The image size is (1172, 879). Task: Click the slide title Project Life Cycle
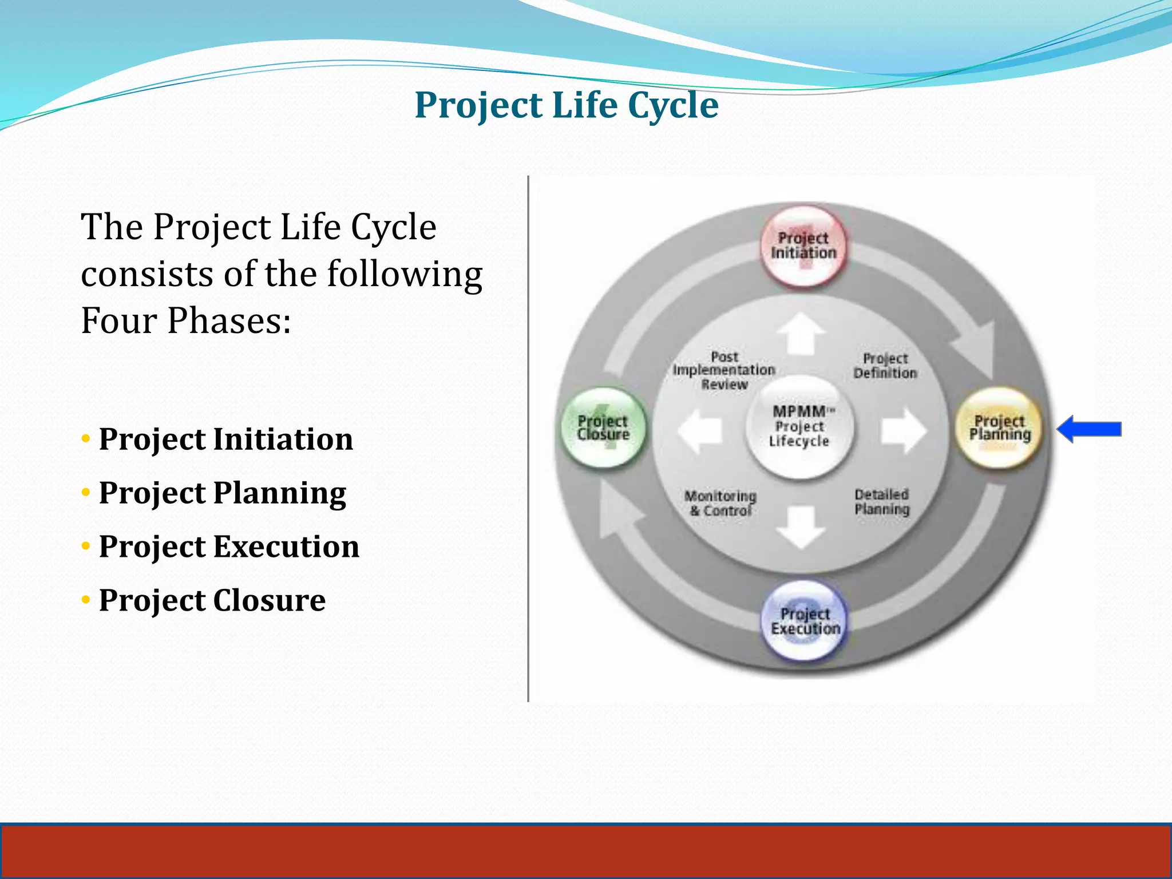pos(566,105)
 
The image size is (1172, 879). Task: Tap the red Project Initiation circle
pos(803,246)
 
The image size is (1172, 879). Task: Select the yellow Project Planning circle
pos(999,429)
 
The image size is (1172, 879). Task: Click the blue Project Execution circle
pos(805,621)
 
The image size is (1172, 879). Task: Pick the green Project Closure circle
pos(603,428)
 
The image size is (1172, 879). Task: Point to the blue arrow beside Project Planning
pos(1089,429)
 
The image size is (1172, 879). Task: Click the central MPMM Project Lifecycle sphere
pos(799,427)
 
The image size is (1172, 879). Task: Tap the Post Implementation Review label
pos(724,370)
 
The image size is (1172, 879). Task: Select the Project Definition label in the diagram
pos(885,366)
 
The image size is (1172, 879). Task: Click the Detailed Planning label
pos(882,502)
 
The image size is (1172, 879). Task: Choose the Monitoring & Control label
pos(720,503)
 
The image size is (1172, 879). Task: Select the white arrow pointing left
pos(700,430)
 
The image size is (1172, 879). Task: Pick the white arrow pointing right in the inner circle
pos(903,430)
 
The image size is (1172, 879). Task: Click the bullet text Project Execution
pos(229,547)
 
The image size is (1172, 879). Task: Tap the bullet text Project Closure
pos(212,600)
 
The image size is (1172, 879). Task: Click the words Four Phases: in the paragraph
pos(186,320)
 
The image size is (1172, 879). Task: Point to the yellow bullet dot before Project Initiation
pos(86,439)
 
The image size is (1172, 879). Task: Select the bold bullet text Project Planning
pos(223,493)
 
